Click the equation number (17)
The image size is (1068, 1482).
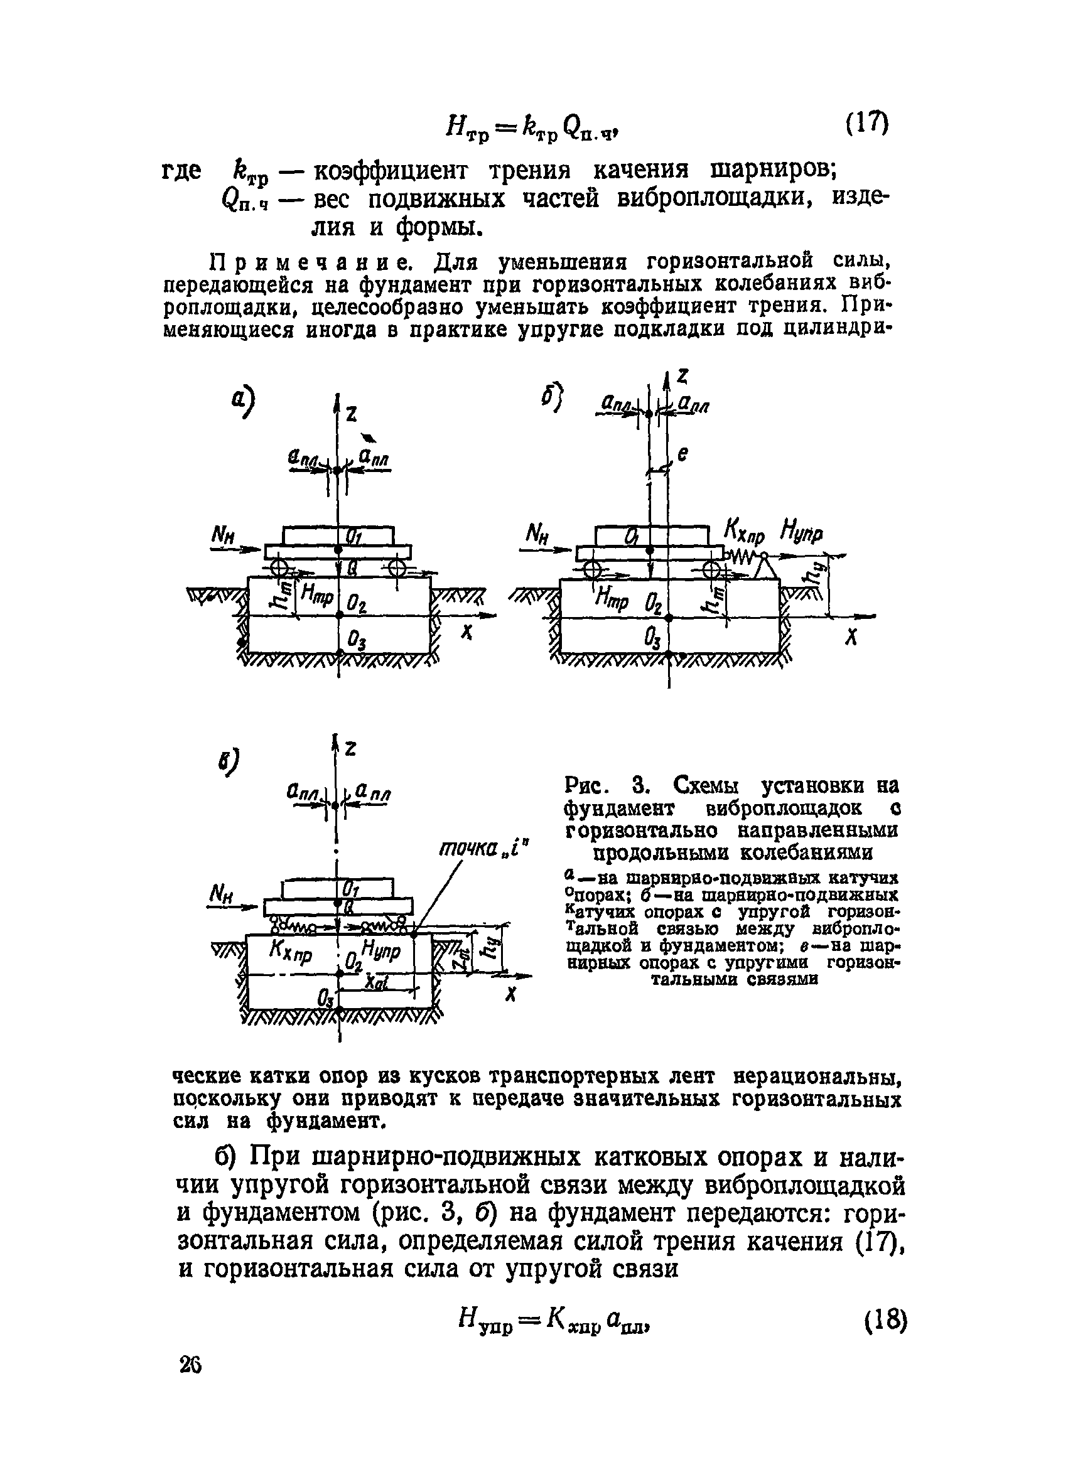coord(865,124)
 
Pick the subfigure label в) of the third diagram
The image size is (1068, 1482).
coord(228,760)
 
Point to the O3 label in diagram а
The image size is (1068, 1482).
coord(356,640)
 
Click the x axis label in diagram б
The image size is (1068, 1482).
coord(850,638)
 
